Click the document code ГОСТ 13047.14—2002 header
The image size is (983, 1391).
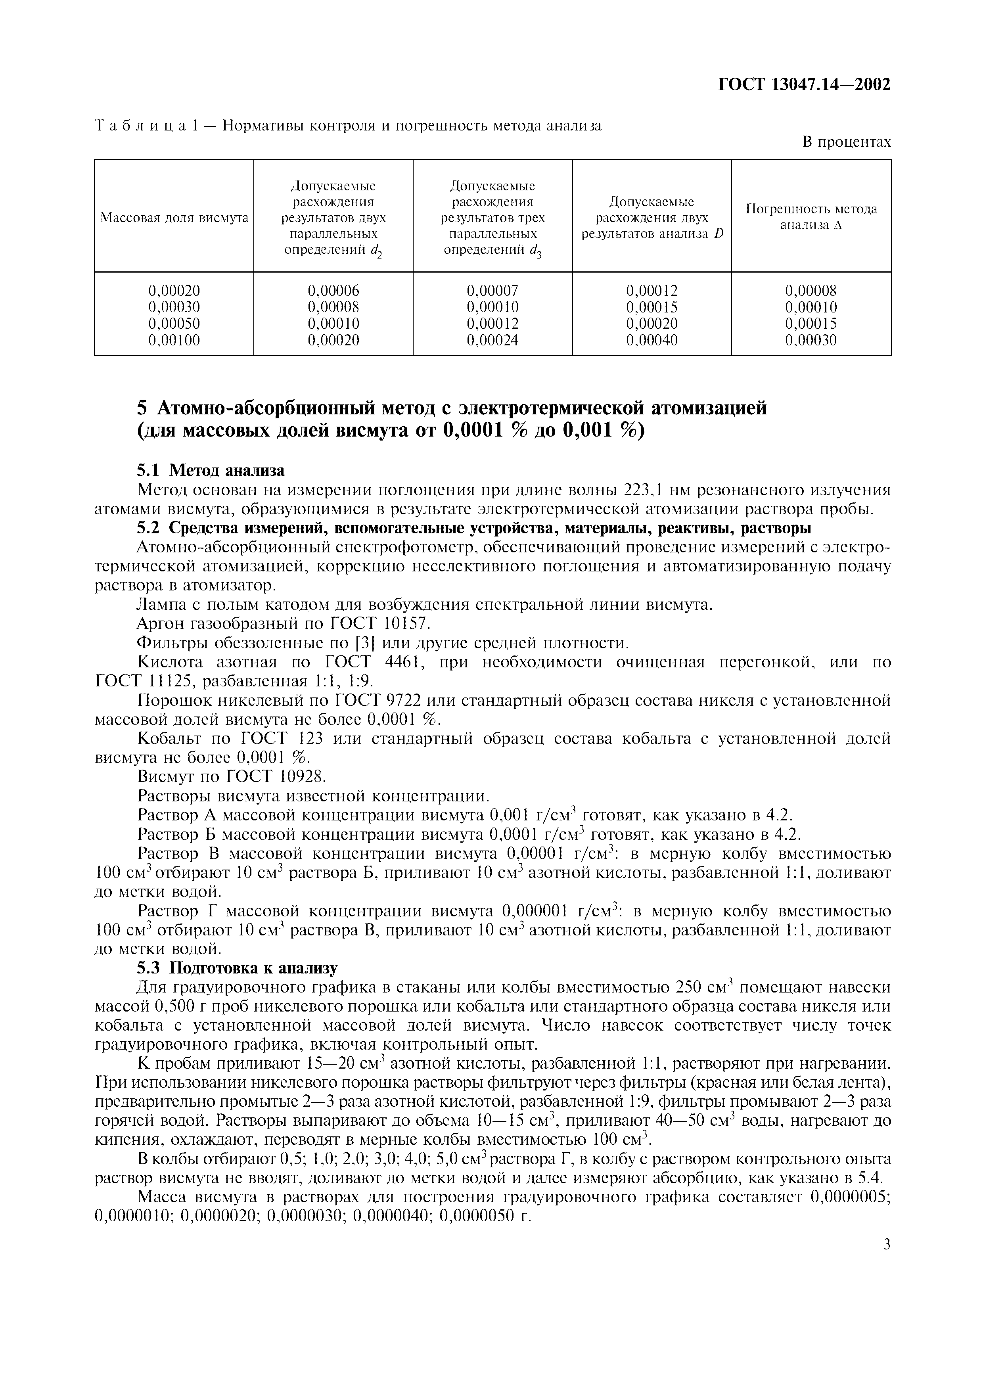(804, 84)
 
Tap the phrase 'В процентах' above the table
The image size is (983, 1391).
(847, 142)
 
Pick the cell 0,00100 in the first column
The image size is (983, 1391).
(174, 341)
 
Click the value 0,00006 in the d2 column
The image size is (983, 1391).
(333, 291)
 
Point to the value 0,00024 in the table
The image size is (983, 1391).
(492, 341)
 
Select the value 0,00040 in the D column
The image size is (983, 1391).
(652, 341)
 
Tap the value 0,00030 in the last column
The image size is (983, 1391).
(811, 341)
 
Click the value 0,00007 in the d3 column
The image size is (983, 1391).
(492, 291)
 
